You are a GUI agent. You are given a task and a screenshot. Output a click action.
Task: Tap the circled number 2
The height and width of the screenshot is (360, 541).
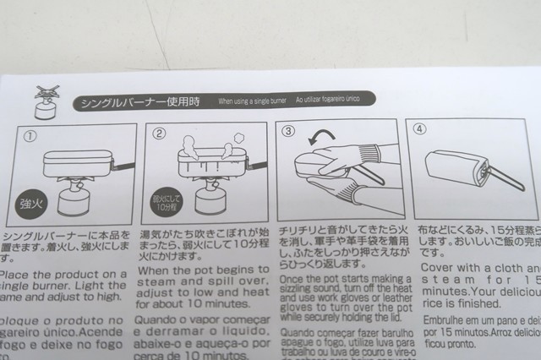[159, 134]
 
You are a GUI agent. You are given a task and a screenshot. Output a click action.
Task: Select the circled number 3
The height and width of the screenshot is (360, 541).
[289, 132]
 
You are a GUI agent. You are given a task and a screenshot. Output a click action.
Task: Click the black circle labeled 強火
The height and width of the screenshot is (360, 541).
[31, 203]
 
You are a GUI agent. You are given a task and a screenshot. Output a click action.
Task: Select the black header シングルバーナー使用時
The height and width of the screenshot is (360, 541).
[139, 102]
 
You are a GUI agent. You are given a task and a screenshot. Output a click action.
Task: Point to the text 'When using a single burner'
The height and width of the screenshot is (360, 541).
[253, 101]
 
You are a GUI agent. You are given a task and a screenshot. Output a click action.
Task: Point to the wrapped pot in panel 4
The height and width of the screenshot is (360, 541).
[456, 165]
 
